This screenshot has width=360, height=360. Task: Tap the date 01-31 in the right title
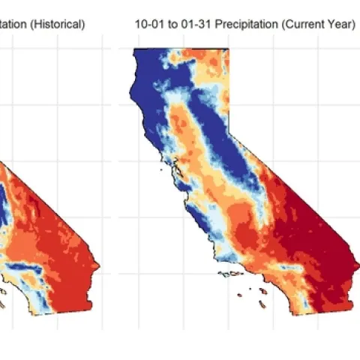(189, 24)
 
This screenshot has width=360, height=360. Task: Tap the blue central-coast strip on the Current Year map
(196, 225)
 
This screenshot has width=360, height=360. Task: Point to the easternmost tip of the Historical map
(99, 265)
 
